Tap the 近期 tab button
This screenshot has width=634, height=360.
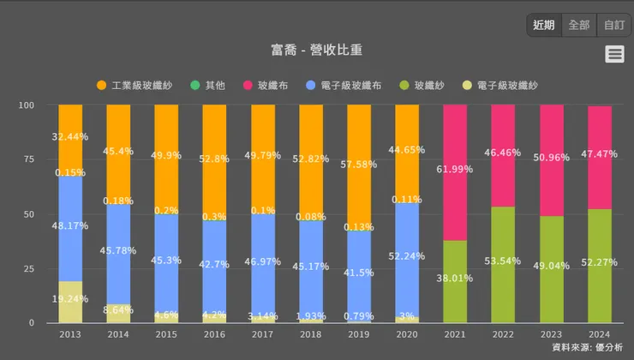[x=543, y=25]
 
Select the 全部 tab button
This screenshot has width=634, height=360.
[x=578, y=25]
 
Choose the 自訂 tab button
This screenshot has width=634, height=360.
[x=613, y=25]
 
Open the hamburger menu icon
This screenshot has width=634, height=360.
[x=613, y=54]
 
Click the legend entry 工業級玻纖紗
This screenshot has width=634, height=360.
[x=137, y=86]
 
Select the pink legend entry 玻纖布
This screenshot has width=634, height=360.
[x=266, y=86]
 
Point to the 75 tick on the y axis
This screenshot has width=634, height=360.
[x=28, y=159]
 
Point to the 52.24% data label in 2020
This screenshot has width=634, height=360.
[x=407, y=256]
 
